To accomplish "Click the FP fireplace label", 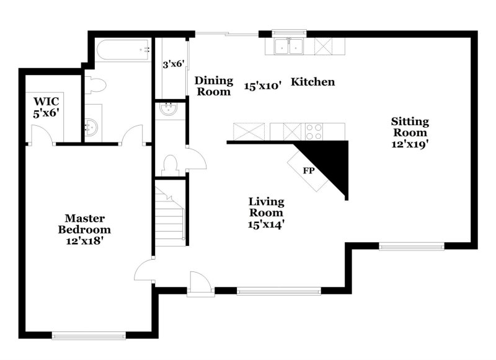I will pos(308,170).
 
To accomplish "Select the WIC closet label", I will pos(46,101).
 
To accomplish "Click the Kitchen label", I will pos(313,82).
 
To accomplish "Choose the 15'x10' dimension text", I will pos(263,86).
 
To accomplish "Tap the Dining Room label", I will pos(214,86).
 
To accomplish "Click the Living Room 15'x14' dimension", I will pos(267,224).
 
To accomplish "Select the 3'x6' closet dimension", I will pos(174,64).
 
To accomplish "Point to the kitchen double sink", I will pos(288,46).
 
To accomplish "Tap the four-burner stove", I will pos(314,131).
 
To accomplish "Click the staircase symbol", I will pos(170,214).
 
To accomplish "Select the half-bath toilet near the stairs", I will pos(170,164).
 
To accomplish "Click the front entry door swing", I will pos(200,283).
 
